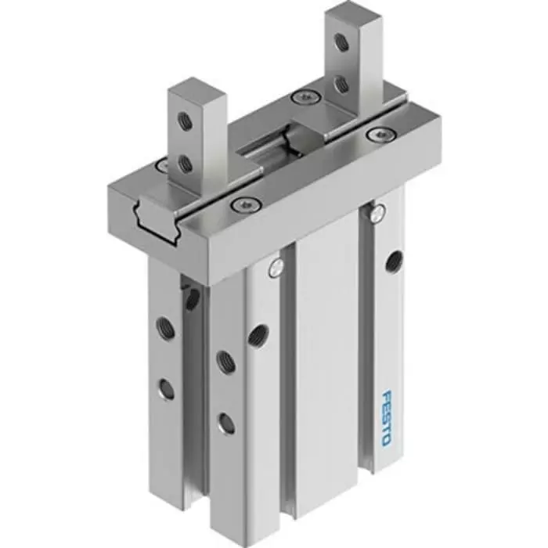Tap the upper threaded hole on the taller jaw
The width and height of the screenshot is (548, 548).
(341, 42)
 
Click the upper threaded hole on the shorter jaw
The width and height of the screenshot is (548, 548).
(185, 121)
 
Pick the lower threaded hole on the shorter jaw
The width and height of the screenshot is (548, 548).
(185, 164)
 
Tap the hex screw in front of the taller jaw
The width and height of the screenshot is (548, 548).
(378, 135)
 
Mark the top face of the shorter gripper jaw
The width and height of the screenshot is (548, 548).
(196, 86)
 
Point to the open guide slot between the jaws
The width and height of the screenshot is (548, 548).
(274, 145)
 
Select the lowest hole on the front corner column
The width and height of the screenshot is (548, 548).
(226, 424)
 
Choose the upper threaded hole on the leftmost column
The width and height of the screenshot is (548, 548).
(165, 328)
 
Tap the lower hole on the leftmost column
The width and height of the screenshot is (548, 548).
(166, 388)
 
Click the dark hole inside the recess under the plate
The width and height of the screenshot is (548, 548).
(192, 297)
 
